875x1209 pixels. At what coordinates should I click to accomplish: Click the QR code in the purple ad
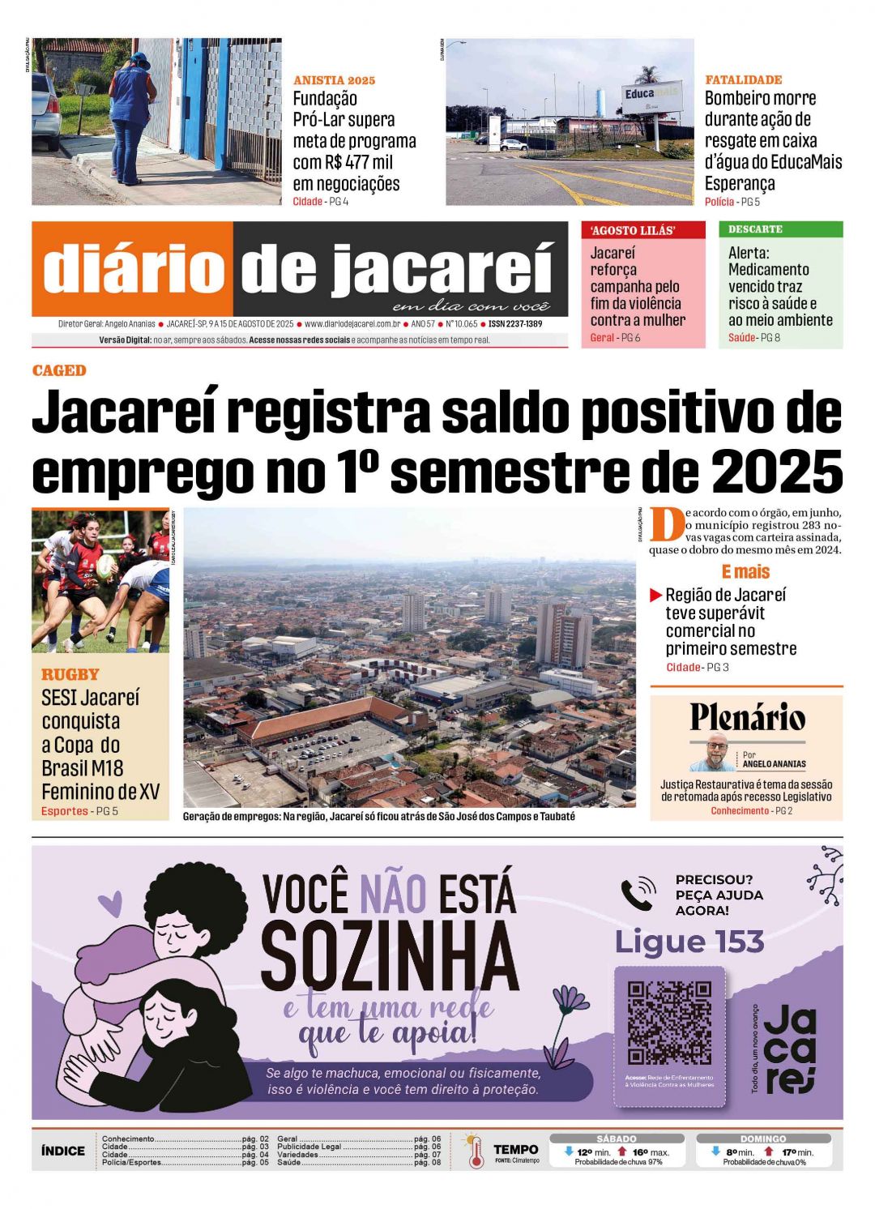pyautogui.click(x=669, y=1022)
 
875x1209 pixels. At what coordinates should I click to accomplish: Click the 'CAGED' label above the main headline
pyautogui.click(x=59, y=370)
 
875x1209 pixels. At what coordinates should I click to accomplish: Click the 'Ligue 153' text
pyautogui.click(x=689, y=942)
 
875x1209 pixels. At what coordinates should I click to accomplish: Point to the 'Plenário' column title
pyautogui.click(x=747, y=717)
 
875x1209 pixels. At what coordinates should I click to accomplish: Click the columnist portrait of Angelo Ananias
pyautogui.click(x=715, y=754)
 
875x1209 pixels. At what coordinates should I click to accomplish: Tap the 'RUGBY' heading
pyautogui.click(x=70, y=674)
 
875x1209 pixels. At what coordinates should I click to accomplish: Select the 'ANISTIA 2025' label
pyautogui.click(x=334, y=80)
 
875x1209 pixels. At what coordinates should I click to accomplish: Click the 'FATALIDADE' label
pyautogui.click(x=743, y=79)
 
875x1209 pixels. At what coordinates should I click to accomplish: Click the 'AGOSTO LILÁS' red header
pyautogui.click(x=632, y=230)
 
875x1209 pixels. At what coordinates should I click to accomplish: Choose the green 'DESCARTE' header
pyautogui.click(x=755, y=229)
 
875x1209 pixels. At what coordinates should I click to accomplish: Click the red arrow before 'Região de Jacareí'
pyautogui.click(x=656, y=596)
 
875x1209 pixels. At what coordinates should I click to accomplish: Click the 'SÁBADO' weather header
pyautogui.click(x=616, y=1139)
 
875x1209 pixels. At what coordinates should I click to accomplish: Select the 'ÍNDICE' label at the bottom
pyautogui.click(x=63, y=1151)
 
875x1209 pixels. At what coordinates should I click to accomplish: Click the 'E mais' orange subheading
pyautogui.click(x=745, y=571)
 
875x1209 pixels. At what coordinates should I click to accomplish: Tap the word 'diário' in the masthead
pyautogui.click(x=133, y=269)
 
